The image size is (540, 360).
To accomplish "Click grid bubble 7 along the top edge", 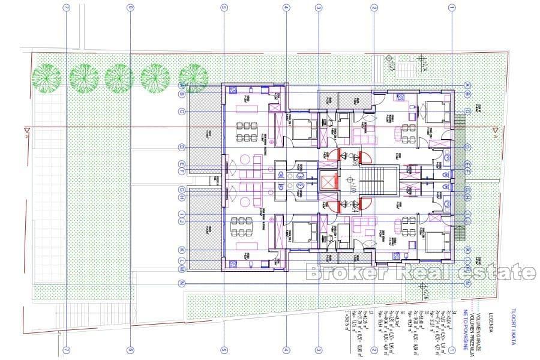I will [x=66, y=7].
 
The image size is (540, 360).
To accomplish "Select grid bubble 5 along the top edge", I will [x=223, y=7].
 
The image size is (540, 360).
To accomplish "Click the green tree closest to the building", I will [x=193, y=76].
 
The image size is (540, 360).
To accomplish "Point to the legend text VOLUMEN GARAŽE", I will [x=480, y=327].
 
